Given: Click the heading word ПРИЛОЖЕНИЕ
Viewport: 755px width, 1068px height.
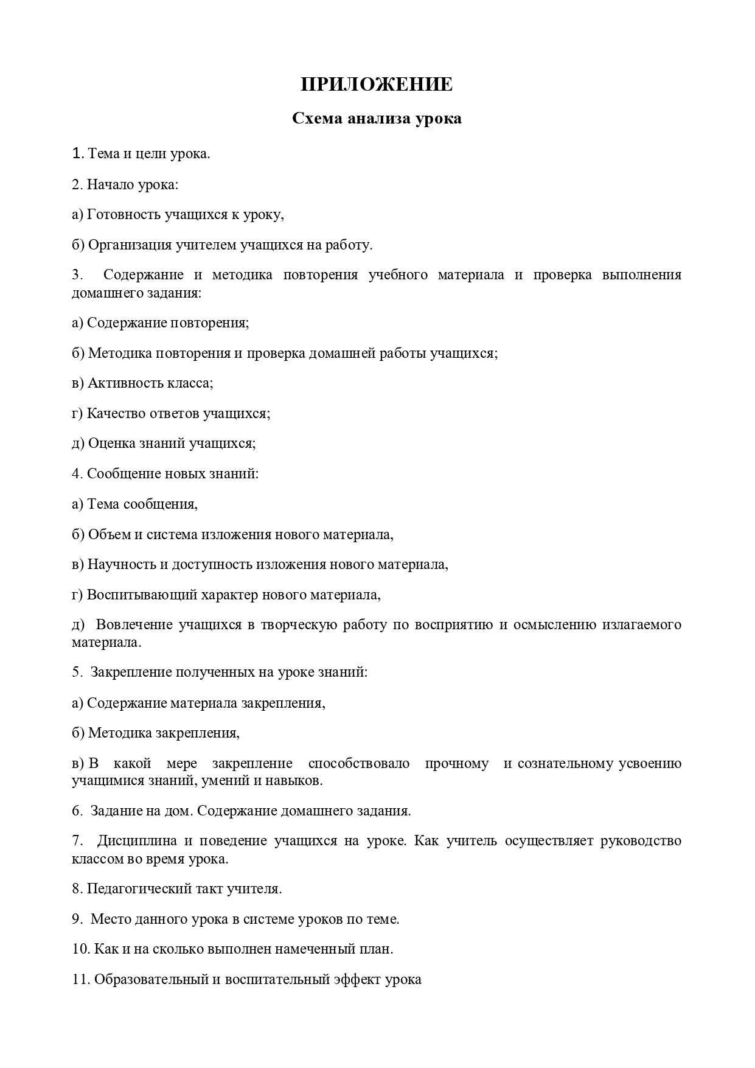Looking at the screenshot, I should tap(377, 85).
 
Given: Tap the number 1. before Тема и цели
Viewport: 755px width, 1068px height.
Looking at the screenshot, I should tap(77, 153).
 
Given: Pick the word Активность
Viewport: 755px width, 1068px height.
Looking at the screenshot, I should tap(119, 383).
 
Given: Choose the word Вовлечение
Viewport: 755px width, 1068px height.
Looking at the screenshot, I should tap(134, 624).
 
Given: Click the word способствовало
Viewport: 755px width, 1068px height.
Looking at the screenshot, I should tap(359, 763).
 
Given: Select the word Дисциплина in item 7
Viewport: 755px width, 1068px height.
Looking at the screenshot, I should tap(137, 840).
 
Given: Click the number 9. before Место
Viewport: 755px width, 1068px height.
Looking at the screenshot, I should tap(77, 919).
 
